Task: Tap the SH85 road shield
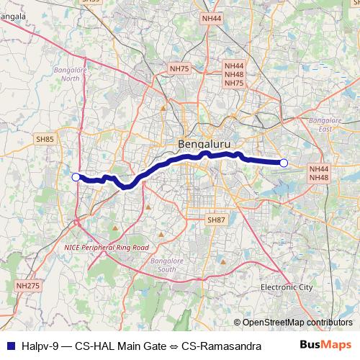pyautogui.click(x=45, y=139)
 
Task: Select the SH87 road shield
pyautogui.click(x=215, y=219)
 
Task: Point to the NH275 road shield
pyautogui.click(x=27, y=286)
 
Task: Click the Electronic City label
pyautogui.click(x=287, y=287)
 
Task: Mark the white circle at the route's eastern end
pyautogui.click(x=284, y=163)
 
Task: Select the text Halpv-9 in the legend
pyautogui.click(x=37, y=346)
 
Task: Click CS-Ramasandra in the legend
pyautogui.click(x=221, y=346)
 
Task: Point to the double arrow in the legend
pyautogui.click(x=174, y=346)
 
